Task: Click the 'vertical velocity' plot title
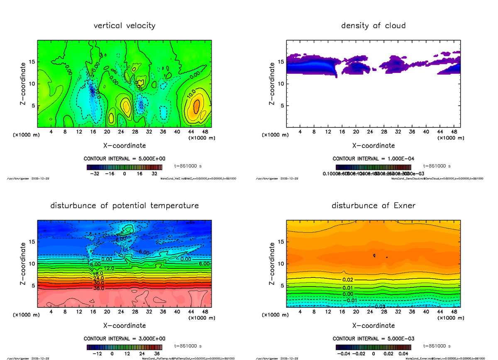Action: point(124,26)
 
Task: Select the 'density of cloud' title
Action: point(373,26)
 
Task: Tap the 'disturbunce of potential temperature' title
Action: point(124,206)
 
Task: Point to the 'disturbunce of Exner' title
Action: point(373,206)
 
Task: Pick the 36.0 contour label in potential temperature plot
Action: point(99,288)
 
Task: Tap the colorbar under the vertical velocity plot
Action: point(124,167)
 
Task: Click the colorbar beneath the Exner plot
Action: point(373,347)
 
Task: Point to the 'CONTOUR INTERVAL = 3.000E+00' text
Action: point(124,338)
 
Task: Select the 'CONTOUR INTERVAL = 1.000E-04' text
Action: point(373,158)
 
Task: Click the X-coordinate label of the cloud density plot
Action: point(373,146)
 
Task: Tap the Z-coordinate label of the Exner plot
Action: point(272,264)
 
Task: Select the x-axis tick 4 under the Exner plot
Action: point(300,312)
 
